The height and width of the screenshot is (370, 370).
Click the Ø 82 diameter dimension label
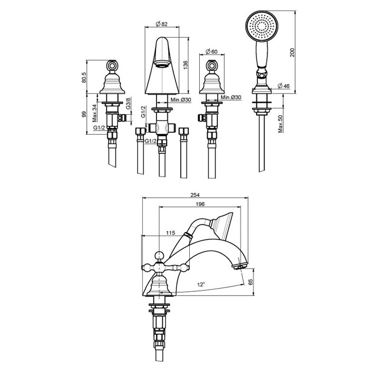pos(162,24)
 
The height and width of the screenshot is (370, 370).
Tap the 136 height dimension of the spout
pos(186,65)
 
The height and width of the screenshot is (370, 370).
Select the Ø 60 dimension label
pos(211,51)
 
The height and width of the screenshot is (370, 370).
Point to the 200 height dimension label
pos(292,52)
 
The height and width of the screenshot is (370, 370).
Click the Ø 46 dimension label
pos(284,86)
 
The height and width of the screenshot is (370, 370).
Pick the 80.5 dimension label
pos(84,77)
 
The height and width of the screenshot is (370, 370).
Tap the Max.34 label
pos(95,113)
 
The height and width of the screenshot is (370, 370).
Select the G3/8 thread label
pos(128,104)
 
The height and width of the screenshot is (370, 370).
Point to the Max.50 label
pos(280,124)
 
